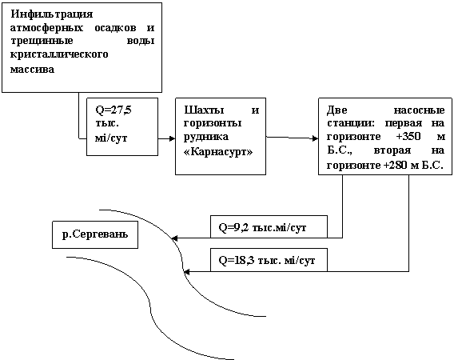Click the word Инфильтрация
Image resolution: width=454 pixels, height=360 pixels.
[x=52, y=14]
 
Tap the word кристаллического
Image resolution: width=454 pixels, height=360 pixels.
[x=59, y=54]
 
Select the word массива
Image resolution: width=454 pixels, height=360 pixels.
[x=32, y=70]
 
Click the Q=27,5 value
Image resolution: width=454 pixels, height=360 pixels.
[x=113, y=110]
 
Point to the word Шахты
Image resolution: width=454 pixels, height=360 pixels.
[x=204, y=110]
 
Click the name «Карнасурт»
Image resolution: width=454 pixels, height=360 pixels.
[x=218, y=151]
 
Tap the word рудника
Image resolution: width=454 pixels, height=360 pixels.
[x=206, y=137]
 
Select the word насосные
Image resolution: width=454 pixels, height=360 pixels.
[x=419, y=110]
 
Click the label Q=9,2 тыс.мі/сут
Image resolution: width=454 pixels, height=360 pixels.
[x=262, y=228]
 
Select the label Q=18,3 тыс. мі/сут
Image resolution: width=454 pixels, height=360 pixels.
[x=267, y=260]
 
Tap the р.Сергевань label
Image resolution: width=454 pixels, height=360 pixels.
[x=95, y=234]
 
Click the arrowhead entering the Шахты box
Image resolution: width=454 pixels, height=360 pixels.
[x=173, y=138]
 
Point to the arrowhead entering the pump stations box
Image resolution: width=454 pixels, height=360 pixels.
[x=315, y=138]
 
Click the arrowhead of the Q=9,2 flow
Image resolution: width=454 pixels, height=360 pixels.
[x=174, y=238]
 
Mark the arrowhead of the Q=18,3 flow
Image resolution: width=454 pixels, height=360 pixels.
[x=187, y=272]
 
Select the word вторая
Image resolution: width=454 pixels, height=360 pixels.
[x=392, y=150]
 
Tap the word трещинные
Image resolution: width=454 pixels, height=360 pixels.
[x=42, y=41]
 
